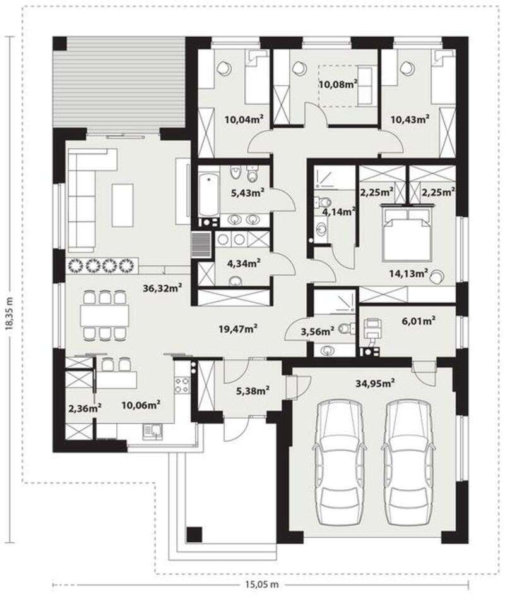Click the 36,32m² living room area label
pyautogui.click(x=162, y=288)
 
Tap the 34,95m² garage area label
pyautogui.click(x=375, y=384)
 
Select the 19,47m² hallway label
pyautogui.click(x=239, y=329)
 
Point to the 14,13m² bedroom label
pyautogui.click(x=409, y=273)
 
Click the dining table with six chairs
pyautogui.click(x=104, y=315)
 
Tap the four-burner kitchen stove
pyautogui.click(x=182, y=385)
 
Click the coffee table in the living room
pyautogui.click(x=122, y=205)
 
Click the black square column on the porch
pyautogui.click(x=194, y=534)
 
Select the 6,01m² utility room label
pyautogui.click(x=419, y=321)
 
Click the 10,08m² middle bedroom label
pyautogui.click(x=338, y=84)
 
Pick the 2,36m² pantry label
pyautogui.click(x=85, y=409)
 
